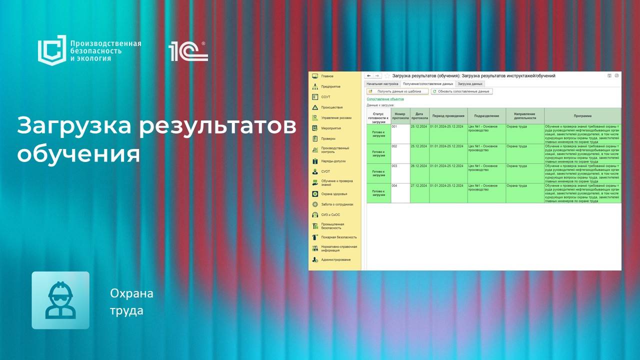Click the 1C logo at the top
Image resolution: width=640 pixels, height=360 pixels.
(188, 51)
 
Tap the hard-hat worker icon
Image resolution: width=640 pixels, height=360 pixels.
(60, 300)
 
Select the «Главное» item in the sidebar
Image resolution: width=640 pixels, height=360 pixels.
(327, 76)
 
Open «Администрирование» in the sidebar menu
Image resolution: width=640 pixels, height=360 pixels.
(335, 259)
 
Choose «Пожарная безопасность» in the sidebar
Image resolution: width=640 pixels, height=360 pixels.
(338, 237)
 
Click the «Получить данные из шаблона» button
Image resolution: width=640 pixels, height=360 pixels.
(398, 91)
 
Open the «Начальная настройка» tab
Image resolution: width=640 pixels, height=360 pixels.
(382, 84)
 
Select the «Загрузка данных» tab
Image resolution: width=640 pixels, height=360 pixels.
(470, 84)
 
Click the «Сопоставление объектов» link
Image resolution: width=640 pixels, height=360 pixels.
(385, 99)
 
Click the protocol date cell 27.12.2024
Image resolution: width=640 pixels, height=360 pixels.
(419, 185)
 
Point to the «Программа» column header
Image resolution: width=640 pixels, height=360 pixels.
(582, 115)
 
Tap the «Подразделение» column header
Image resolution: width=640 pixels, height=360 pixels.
(486, 115)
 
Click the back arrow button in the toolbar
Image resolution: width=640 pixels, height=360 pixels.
(369, 75)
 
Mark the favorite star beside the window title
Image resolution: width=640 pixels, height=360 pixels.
(387, 75)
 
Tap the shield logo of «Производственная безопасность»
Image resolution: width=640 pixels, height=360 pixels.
(52, 50)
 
